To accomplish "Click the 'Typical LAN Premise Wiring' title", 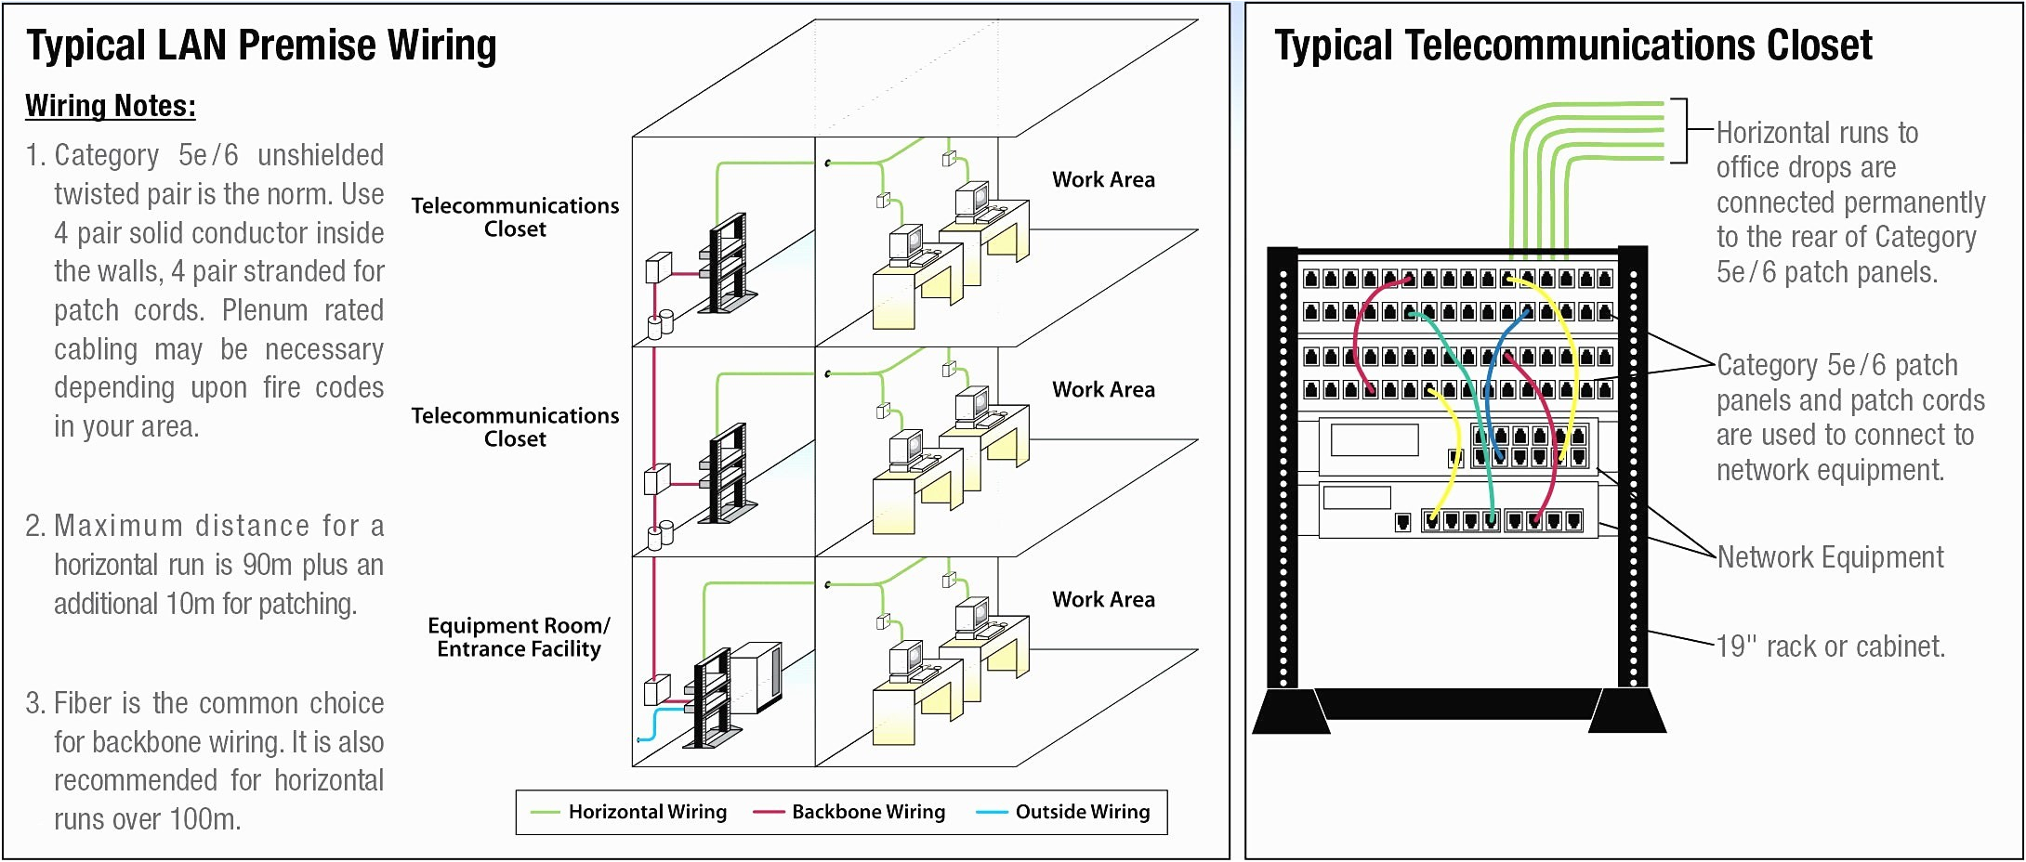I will click(x=261, y=46).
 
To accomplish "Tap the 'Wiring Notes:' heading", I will click(x=110, y=106).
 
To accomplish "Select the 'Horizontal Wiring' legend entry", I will click(x=647, y=812).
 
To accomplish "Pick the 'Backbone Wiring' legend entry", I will click(x=867, y=812).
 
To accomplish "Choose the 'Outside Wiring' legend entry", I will click(x=1082, y=812).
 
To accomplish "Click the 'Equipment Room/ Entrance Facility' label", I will click(x=519, y=637).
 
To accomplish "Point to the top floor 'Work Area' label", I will click(x=1103, y=180).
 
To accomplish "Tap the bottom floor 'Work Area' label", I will click(x=1103, y=600).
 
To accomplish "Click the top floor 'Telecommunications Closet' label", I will click(x=515, y=217).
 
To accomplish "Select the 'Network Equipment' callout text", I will click(x=1830, y=557).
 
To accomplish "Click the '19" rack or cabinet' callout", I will click(x=1830, y=646).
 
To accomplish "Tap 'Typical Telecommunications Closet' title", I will click(x=1572, y=46).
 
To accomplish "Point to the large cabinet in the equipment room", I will click(x=756, y=676).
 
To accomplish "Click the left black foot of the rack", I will click(x=1290, y=712).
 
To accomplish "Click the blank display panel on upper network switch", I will click(x=1374, y=439).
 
